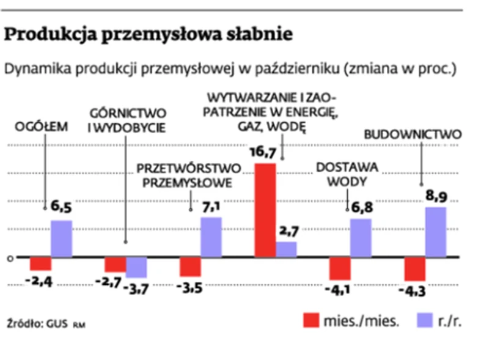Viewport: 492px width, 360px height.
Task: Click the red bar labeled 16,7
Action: click(x=265, y=210)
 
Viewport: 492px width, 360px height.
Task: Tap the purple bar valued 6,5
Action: click(x=61, y=238)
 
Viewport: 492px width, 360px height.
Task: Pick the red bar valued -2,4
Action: click(x=40, y=263)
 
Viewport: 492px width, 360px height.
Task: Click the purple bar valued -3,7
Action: click(x=136, y=267)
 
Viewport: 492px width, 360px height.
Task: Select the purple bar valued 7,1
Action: click(x=211, y=237)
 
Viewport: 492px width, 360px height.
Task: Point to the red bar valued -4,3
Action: click(x=415, y=269)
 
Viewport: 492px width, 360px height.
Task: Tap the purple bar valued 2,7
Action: click(x=286, y=249)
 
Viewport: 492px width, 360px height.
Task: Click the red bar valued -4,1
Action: click(x=340, y=268)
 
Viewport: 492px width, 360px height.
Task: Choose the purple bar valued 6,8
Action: click(x=361, y=238)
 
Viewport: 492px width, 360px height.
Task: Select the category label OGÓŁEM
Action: click(x=42, y=126)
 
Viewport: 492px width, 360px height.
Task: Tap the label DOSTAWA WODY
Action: click(x=347, y=174)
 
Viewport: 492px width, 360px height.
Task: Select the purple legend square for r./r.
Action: click(x=419, y=320)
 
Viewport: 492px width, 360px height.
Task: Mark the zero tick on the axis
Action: click(x=10, y=258)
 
